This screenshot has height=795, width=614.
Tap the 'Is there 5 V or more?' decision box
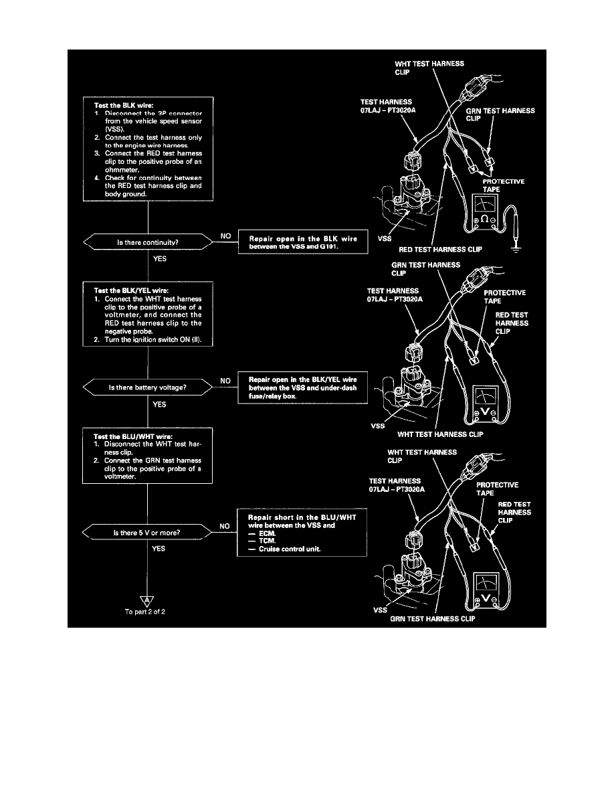coord(147,533)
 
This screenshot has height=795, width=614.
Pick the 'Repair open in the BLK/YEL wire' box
coord(303,387)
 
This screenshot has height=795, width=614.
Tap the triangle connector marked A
coord(146,600)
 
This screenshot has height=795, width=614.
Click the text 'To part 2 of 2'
coord(146,612)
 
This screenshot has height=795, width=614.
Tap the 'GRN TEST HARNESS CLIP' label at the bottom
coord(439,619)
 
